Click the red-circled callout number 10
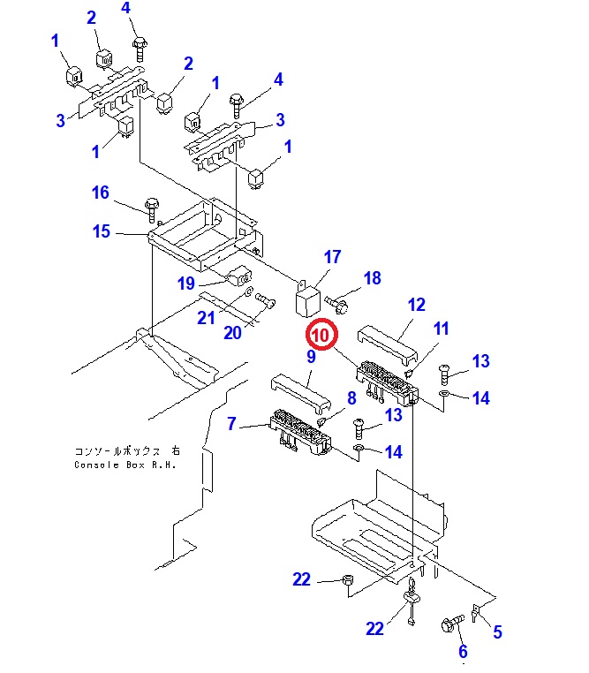pos(321,336)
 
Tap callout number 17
pos(332,258)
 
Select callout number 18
pos(373,278)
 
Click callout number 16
pos(101,193)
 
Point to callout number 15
pos(102,231)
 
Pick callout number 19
pos(185,284)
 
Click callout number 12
pos(417,306)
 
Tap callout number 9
pos(311,357)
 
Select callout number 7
pos(231,425)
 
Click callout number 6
pos(461,652)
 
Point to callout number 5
pos(497,631)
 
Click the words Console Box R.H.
pos(126,465)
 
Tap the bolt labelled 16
pos(151,209)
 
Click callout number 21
pos(206,318)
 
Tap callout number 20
pos(232,332)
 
